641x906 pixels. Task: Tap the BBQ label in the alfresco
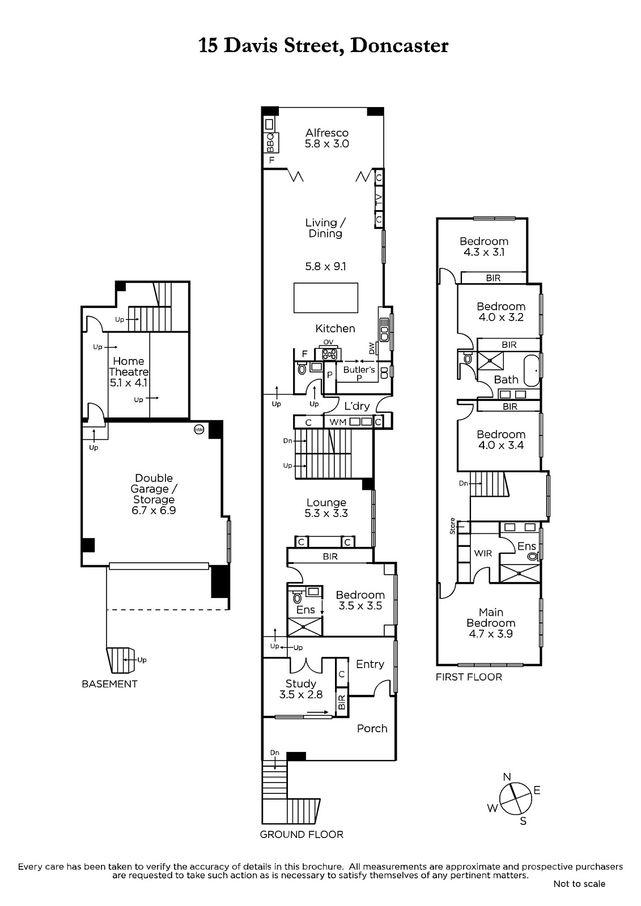click(x=270, y=143)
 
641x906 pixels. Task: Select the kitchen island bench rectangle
click(x=326, y=298)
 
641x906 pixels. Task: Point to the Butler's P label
click(x=359, y=373)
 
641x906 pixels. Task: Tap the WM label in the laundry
click(x=338, y=422)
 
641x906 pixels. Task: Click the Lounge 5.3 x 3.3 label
click(x=326, y=507)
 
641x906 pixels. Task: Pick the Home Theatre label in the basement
click(x=128, y=371)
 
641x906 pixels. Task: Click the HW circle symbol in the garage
click(x=199, y=429)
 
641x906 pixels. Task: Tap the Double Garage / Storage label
click(x=154, y=494)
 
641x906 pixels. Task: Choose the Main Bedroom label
click(x=491, y=623)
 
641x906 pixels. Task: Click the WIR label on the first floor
click(x=483, y=553)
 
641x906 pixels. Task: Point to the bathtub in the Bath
click(x=531, y=370)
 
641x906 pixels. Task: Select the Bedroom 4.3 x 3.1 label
click(x=484, y=247)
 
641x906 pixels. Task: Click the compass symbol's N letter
click(x=507, y=776)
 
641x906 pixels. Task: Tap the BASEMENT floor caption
click(x=110, y=684)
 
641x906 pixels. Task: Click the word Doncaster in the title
click(x=399, y=46)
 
